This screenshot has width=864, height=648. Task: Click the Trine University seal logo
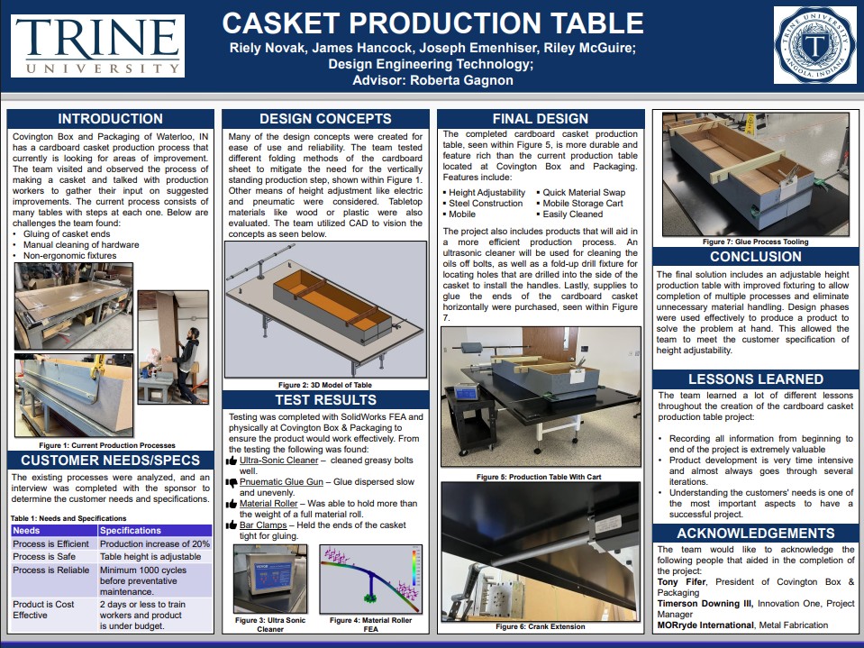(x=815, y=45)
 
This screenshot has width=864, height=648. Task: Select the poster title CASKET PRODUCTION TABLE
(x=432, y=23)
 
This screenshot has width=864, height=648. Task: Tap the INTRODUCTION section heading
(x=111, y=119)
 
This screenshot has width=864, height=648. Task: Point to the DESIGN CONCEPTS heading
(x=324, y=119)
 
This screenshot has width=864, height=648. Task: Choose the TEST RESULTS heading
(x=324, y=400)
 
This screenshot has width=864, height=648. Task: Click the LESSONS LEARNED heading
(x=755, y=379)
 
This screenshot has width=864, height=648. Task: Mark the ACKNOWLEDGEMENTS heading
(x=755, y=534)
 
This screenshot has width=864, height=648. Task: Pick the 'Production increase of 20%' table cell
(x=154, y=543)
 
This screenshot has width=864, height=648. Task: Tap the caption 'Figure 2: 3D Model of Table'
(x=324, y=385)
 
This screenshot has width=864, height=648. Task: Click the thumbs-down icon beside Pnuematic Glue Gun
(x=231, y=483)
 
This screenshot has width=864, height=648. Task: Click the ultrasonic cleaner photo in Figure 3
(x=269, y=580)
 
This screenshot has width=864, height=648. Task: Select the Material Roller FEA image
(x=371, y=580)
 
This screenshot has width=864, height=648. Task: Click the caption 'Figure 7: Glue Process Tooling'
(x=755, y=242)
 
